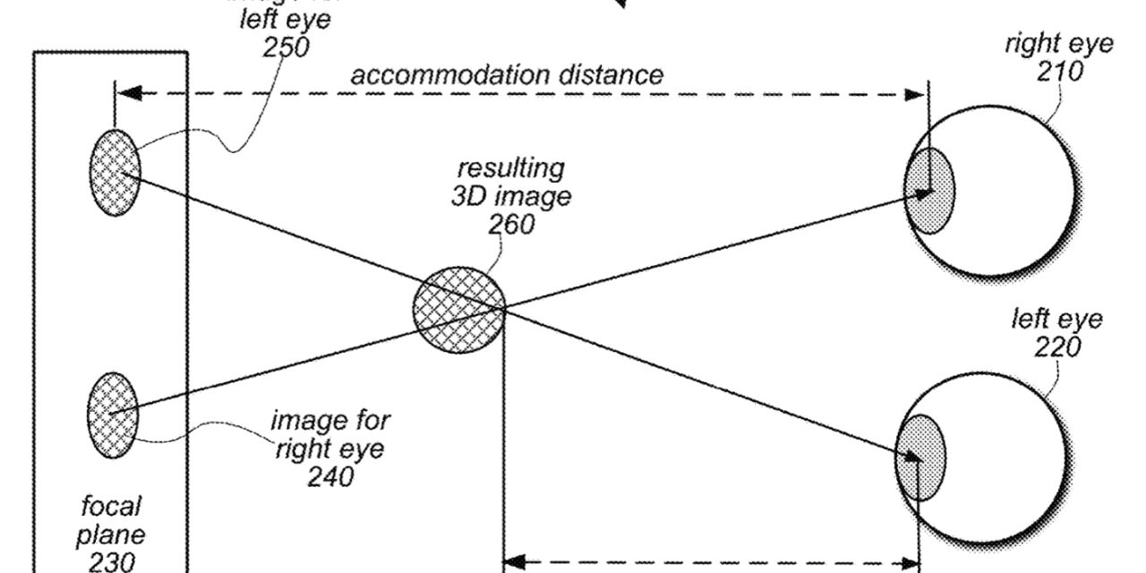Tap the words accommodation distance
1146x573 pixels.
click(507, 74)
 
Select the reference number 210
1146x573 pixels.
click(1059, 72)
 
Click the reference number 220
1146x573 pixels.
click(1057, 346)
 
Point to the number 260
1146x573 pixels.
click(511, 223)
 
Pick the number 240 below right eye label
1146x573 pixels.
click(330, 477)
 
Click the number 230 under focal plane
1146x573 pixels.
click(112, 561)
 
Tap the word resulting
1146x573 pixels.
click(511, 167)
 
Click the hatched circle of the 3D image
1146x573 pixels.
click(458, 309)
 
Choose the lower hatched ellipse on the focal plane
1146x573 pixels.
click(113, 415)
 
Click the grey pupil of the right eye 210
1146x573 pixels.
click(928, 191)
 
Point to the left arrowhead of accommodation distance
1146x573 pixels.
click(126, 92)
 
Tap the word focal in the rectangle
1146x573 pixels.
click(112, 507)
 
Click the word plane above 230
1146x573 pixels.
click(112, 535)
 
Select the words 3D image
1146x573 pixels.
click(510, 195)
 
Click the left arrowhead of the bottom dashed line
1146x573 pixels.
click(513, 563)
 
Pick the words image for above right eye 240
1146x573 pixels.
click(330, 420)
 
